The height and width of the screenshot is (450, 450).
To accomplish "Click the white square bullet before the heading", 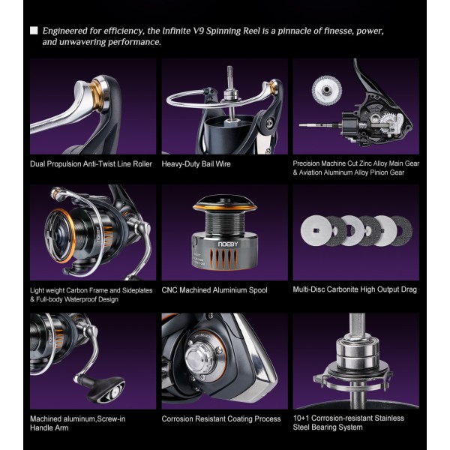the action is pos(34,31).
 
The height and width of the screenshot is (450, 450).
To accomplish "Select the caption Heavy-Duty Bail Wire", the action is pos(196,163).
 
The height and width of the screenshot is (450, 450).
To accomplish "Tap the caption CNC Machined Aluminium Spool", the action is pos(214,290).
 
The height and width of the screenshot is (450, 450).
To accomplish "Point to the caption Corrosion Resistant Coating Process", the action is pos(221,418).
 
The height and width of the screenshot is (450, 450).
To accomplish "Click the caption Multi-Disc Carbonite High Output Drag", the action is pos(355,289).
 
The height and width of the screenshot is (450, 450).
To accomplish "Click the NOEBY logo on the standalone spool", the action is pos(228,244).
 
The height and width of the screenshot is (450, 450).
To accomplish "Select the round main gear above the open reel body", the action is pos(326,89).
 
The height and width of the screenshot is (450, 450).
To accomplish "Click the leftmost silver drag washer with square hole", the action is pos(315,230).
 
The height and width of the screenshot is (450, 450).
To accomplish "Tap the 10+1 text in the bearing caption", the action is pos(301,418).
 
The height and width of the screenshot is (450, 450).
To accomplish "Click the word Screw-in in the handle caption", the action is pos(111,418).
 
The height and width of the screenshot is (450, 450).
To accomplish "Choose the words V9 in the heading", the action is pos(198,31).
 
